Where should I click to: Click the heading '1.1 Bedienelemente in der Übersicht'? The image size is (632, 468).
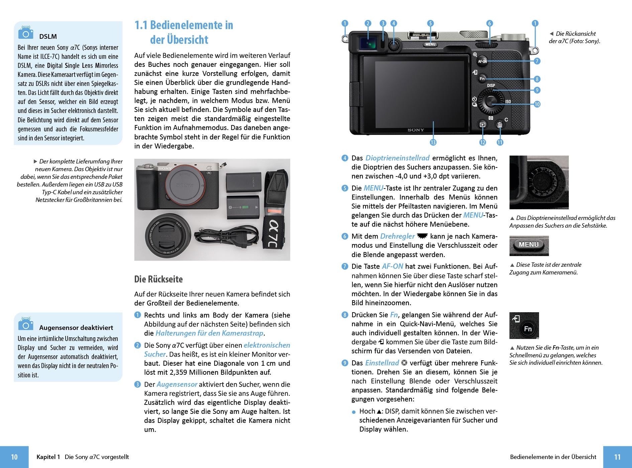184,32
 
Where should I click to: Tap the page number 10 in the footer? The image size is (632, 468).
14,457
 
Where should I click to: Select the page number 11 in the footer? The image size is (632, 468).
617,457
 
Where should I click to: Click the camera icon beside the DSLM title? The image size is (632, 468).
26,32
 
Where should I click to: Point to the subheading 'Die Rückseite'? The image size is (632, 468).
159,279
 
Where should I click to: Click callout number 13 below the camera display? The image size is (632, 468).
433,142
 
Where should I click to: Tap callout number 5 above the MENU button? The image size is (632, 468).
430,23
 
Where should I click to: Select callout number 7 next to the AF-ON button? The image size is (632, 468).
537,61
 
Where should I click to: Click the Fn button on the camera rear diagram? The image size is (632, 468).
482,79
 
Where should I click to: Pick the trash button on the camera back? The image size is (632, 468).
500,125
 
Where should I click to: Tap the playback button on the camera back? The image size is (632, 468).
483,125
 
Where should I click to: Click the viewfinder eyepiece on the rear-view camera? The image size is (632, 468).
367,42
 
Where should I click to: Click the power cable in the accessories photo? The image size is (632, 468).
227,238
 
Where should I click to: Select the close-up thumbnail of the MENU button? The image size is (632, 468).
529,245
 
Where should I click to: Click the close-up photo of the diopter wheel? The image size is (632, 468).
539,182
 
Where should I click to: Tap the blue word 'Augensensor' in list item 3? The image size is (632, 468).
177,384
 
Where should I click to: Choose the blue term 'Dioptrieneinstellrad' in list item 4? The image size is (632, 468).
397,158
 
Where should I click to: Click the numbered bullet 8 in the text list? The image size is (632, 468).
345,315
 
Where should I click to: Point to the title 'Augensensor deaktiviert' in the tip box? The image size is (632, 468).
76,328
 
